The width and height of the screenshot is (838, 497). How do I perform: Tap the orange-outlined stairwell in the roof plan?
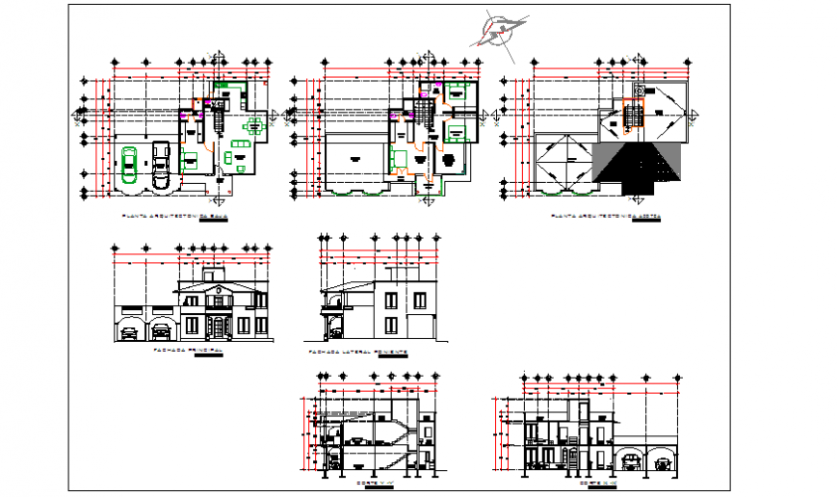[634, 116]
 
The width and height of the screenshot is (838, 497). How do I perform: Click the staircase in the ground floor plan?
[218, 120]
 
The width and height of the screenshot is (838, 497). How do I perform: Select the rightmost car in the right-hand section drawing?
[663, 463]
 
